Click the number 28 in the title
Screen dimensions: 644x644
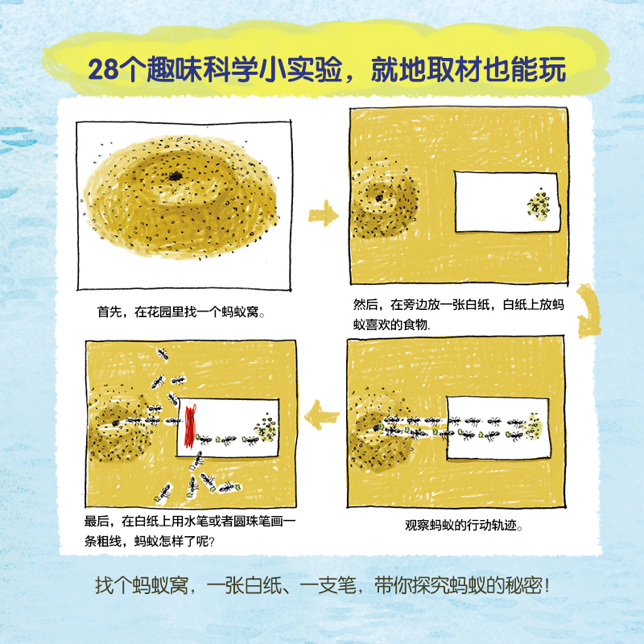pyautogui.click(x=103, y=69)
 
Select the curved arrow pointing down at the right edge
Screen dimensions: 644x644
pyautogui.click(x=592, y=317)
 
